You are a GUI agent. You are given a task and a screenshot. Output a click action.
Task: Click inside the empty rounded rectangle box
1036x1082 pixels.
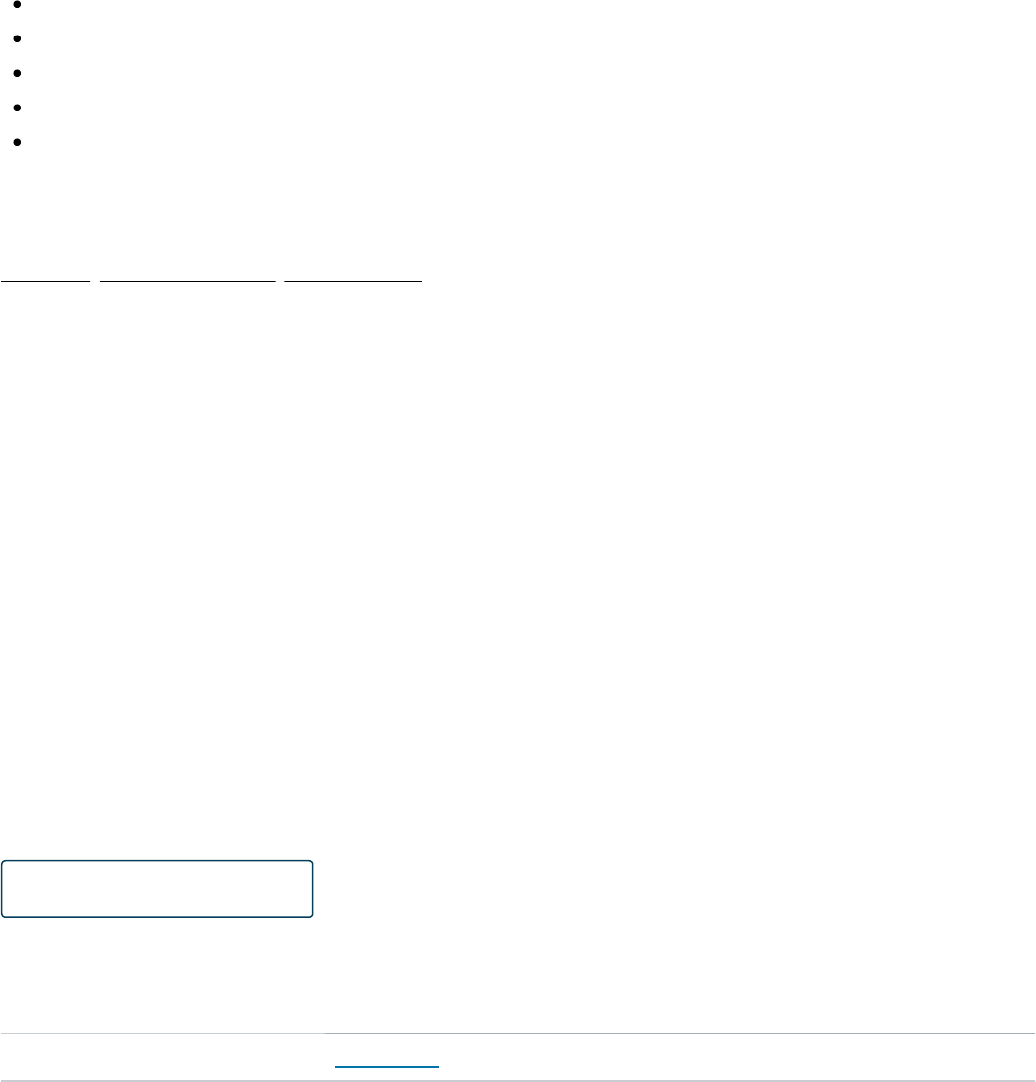[x=157, y=889]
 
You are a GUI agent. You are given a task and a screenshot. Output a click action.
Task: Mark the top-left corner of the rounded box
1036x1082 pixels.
[x=4, y=863]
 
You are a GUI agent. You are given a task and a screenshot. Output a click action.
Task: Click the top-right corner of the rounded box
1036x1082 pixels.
[x=311, y=863]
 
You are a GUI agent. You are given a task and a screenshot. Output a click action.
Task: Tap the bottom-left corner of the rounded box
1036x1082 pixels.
[x=4, y=915]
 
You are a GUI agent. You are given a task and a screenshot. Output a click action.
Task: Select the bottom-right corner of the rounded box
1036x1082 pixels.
[x=311, y=915]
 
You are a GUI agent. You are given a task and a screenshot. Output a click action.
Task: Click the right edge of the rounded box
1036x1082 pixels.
[x=313, y=889]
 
